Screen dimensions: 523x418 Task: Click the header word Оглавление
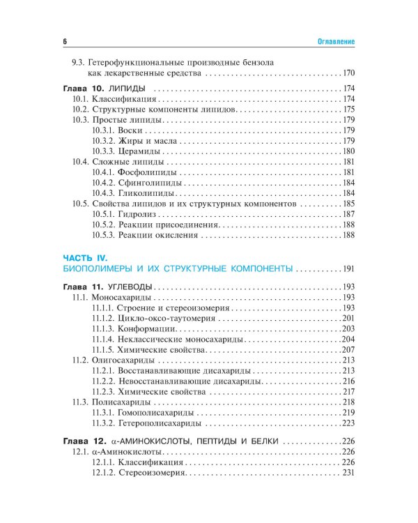coord(332,41)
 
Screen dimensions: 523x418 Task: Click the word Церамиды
coord(140,151)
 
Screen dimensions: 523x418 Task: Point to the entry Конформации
coord(146,328)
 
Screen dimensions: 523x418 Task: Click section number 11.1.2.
coord(103,318)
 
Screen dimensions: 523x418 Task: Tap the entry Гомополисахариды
coord(155,412)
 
